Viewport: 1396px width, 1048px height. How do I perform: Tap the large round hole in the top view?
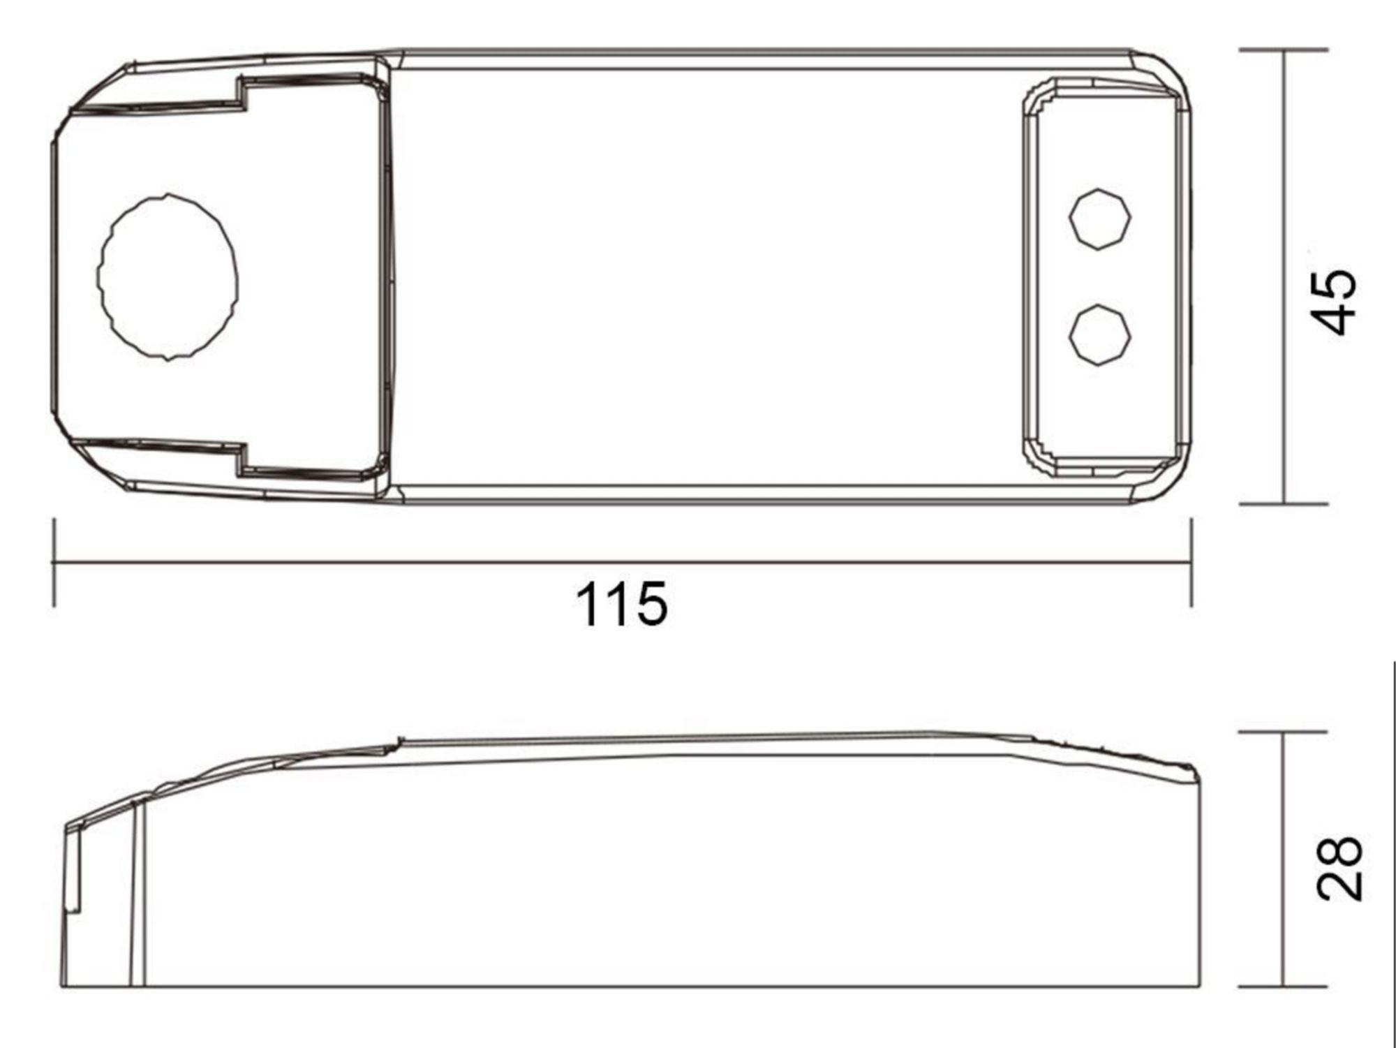click(x=168, y=276)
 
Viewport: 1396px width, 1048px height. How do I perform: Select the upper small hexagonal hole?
click(x=1100, y=219)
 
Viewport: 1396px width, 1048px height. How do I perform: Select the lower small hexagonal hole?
click(x=1100, y=334)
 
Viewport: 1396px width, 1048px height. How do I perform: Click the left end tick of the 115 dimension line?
click(x=54, y=562)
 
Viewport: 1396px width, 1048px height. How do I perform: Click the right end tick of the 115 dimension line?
click(x=1191, y=562)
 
